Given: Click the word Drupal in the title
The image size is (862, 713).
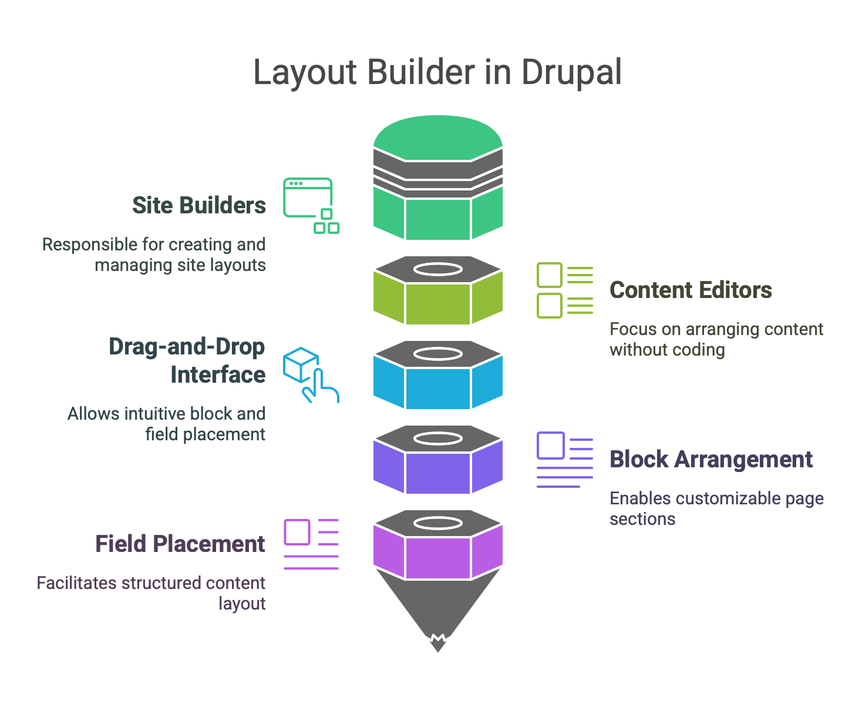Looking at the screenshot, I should coord(571,73).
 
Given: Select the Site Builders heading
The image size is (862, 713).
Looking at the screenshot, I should coord(199,206).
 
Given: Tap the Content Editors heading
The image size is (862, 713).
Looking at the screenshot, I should coord(691,290).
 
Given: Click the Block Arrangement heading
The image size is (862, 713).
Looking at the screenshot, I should coord(711,460).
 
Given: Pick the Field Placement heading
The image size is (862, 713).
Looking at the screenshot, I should coord(180,544).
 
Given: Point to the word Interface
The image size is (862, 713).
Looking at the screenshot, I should coord(218,375).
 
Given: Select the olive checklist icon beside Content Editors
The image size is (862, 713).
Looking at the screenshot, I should coord(564,290).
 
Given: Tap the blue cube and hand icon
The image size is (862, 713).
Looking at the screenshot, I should coord(310,374).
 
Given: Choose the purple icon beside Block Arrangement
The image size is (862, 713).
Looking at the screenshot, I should coord(564,460).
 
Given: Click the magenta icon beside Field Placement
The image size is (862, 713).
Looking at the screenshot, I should coord(311,544).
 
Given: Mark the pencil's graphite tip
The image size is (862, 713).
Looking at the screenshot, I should coord(438,644).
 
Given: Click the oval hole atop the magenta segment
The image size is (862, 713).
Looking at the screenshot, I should coord(438,523).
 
